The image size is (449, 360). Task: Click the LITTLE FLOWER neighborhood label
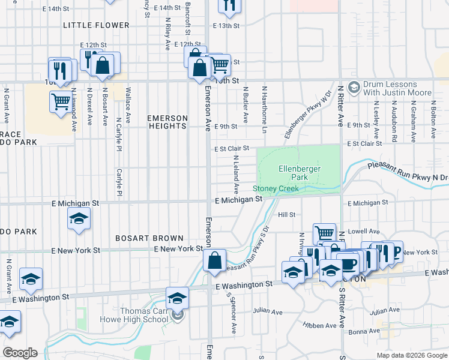coord(96,25)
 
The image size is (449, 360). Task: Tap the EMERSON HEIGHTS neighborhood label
coord(167,122)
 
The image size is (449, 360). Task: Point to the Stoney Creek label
coord(279,188)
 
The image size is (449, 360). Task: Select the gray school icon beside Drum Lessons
coord(354,88)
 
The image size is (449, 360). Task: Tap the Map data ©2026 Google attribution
coord(411,355)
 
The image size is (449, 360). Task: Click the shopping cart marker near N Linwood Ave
coord(61,101)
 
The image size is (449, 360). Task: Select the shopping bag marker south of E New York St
coord(214,261)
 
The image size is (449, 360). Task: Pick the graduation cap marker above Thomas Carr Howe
coord(177,298)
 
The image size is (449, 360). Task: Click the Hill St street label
coord(286,214)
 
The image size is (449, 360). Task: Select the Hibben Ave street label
coord(320,326)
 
